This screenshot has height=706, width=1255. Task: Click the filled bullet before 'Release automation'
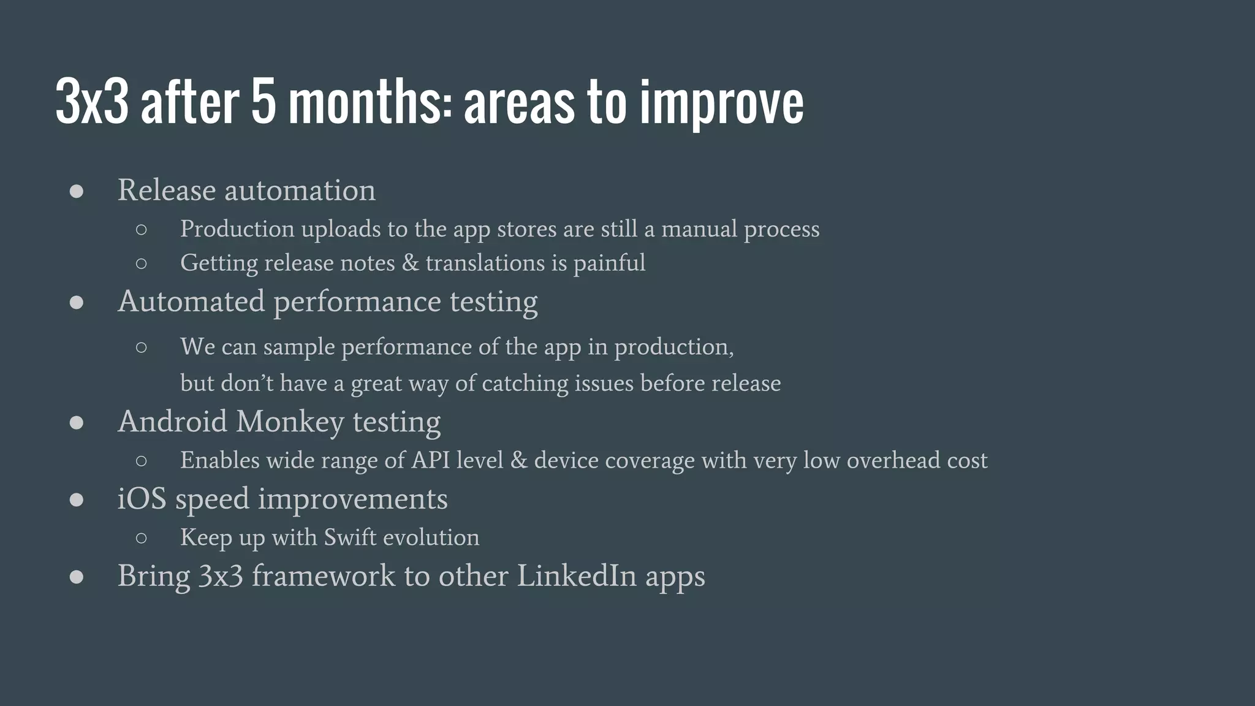pos(77,191)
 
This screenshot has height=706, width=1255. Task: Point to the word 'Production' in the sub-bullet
pos(237,229)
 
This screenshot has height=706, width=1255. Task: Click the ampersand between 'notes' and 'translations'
pos(410,263)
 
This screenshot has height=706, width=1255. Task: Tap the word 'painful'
pos(609,264)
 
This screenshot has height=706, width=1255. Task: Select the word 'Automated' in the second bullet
pos(191,302)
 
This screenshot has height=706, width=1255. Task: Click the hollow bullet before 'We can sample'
pos(142,347)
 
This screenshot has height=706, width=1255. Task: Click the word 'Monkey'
pos(290,422)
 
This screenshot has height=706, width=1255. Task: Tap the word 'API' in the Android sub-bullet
pos(430,460)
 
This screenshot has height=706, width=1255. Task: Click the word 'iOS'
pos(142,499)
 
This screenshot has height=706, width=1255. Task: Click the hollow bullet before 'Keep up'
pos(142,538)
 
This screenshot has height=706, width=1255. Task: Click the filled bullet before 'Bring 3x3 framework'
pos(77,577)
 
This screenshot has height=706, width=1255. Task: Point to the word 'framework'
pos(324,576)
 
